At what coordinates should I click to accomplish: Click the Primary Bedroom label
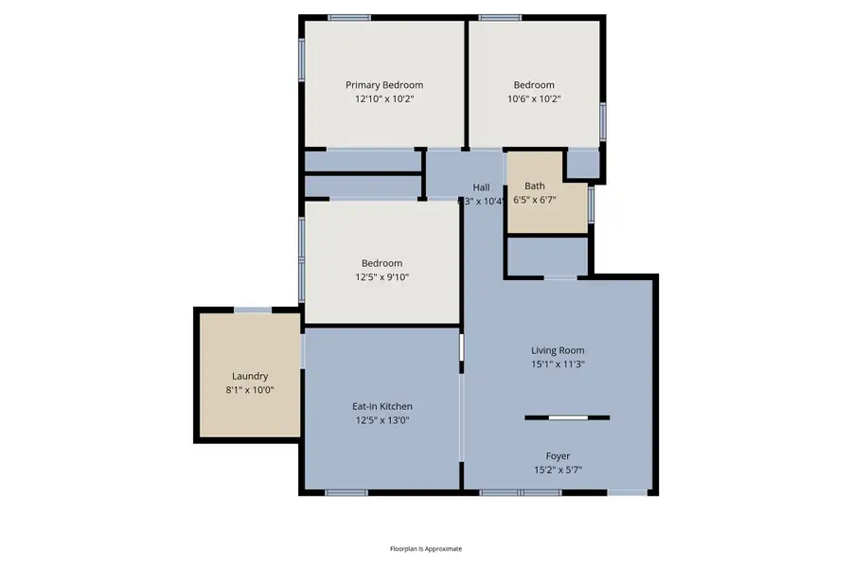(383, 85)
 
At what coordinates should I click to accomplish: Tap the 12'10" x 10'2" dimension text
(383, 98)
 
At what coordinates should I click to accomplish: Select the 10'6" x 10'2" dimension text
(534, 98)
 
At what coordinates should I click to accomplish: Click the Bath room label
(535, 186)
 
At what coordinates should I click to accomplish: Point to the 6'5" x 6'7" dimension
(535, 200)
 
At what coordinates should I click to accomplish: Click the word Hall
(481, 187)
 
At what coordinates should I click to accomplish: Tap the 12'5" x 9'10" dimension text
(382, 277)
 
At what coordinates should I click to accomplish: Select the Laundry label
(250, 376)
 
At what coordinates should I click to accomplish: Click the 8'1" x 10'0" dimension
(250, 389)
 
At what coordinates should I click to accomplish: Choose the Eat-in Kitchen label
(382, 406)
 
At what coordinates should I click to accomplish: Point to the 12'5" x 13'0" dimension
(382, 420)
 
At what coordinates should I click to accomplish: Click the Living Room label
(558, 349)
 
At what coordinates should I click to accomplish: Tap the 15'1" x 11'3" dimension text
(558, 364)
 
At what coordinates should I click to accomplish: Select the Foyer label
(558, 455)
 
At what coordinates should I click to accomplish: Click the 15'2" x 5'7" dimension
(558, 469)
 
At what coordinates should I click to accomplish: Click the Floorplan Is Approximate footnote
(426, 548)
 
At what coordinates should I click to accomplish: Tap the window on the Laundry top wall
(253, 310)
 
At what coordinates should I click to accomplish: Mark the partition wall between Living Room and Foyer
(567, 417)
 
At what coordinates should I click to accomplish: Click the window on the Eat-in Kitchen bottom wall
(346, 492)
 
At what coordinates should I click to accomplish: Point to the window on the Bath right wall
(591, 203)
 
